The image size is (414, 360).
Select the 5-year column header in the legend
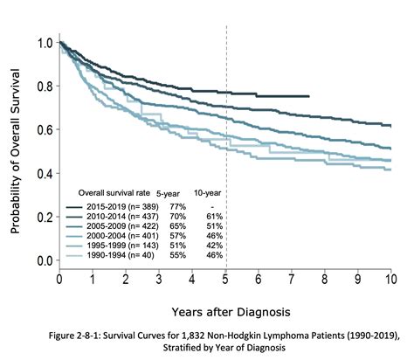168,191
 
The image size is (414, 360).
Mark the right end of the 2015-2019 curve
309,96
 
